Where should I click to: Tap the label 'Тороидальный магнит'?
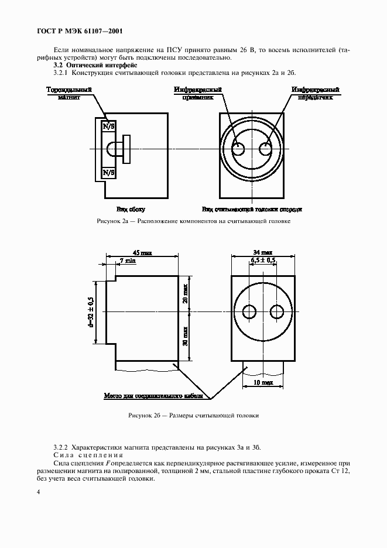(x=69, y=94)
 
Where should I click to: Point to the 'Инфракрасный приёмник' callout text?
(x=197, y=94)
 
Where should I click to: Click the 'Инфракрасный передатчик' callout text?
(x=316, y=94)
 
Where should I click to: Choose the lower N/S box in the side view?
(x=108, y=173)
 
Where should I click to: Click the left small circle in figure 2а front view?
(x=238, y=149)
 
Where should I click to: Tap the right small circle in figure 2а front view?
(x=266, y=149)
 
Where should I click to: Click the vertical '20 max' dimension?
(x=185, y=293)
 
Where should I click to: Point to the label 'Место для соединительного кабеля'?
(x=153, y=396)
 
